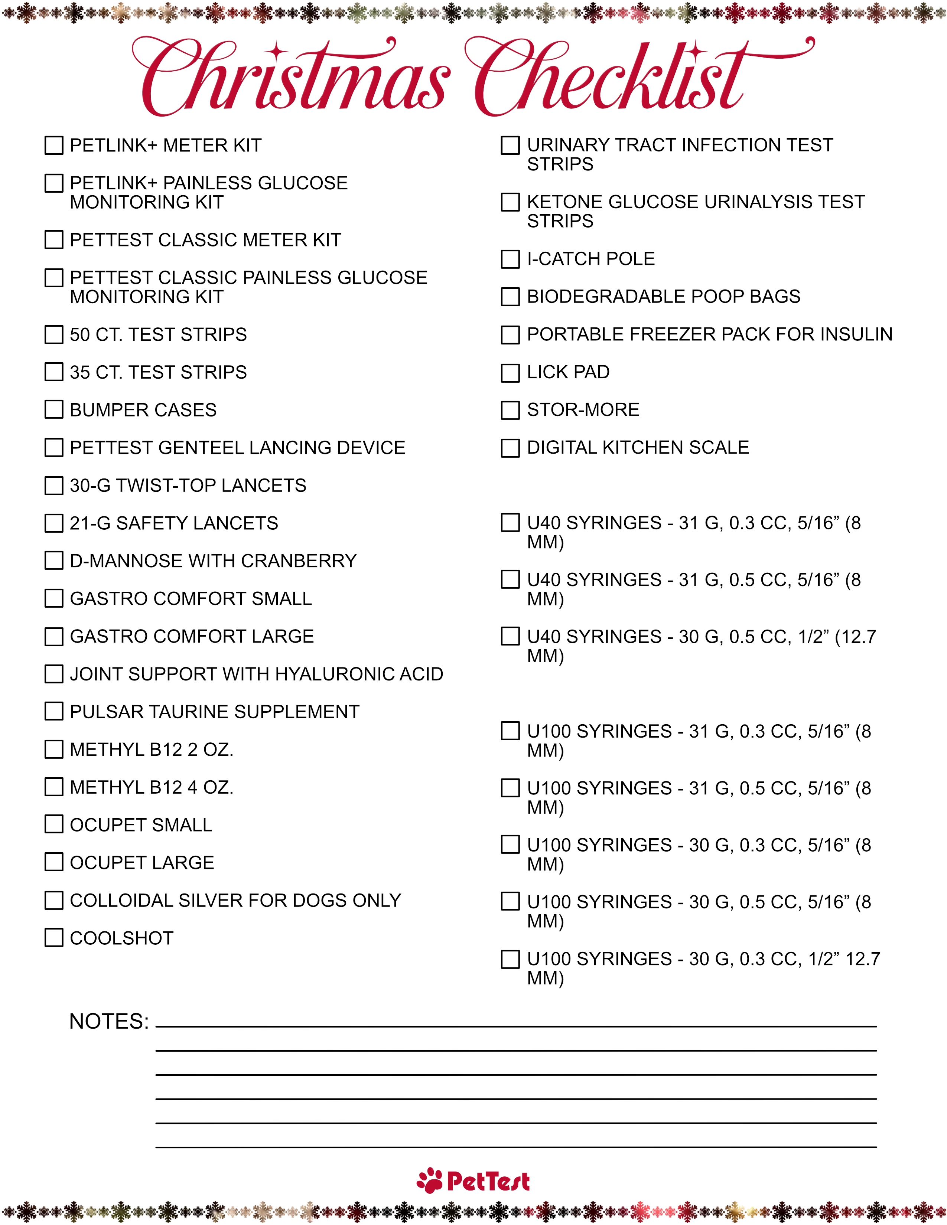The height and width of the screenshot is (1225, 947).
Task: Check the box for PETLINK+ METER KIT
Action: (54, 145)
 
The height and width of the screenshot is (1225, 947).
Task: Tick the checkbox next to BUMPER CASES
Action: (54, 409)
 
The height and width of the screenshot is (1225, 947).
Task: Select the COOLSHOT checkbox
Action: (54, 938)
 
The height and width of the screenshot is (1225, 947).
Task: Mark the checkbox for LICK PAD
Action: (510, 372)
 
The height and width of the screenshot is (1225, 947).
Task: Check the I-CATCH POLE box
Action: (510, 259)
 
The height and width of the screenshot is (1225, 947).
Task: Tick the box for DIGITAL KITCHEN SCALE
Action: (510, 448)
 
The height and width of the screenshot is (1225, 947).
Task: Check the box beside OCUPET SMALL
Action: (54, 824)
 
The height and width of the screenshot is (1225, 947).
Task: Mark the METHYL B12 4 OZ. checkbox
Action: (54, 787)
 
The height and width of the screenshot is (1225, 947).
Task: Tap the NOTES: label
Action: (109, 1022)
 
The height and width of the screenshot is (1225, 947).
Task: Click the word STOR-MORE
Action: (583, 410)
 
